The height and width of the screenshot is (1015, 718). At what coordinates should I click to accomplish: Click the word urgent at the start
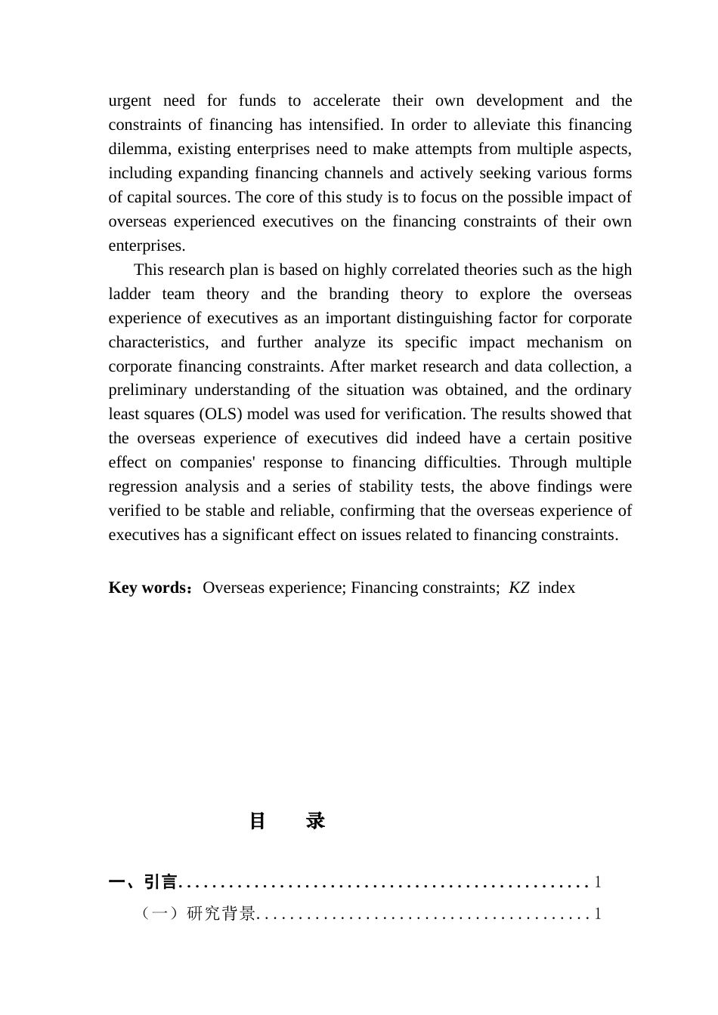click(x=130, y=101)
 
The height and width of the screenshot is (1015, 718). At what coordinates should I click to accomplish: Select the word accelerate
click(x=346, y=101)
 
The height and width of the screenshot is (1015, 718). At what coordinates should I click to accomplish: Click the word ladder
click(x=129, y=295)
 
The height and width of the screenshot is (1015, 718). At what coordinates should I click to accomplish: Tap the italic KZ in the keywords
click(x=519, y=588)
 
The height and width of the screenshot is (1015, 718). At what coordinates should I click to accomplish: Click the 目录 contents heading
click(x=287, y=822)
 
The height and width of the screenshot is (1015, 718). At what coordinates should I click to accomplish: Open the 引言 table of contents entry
click(x=160, y=882)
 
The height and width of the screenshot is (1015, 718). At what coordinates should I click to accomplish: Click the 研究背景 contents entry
click(x=221, y=915)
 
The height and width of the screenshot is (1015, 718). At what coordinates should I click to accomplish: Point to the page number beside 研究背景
click(x=598, y=915)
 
